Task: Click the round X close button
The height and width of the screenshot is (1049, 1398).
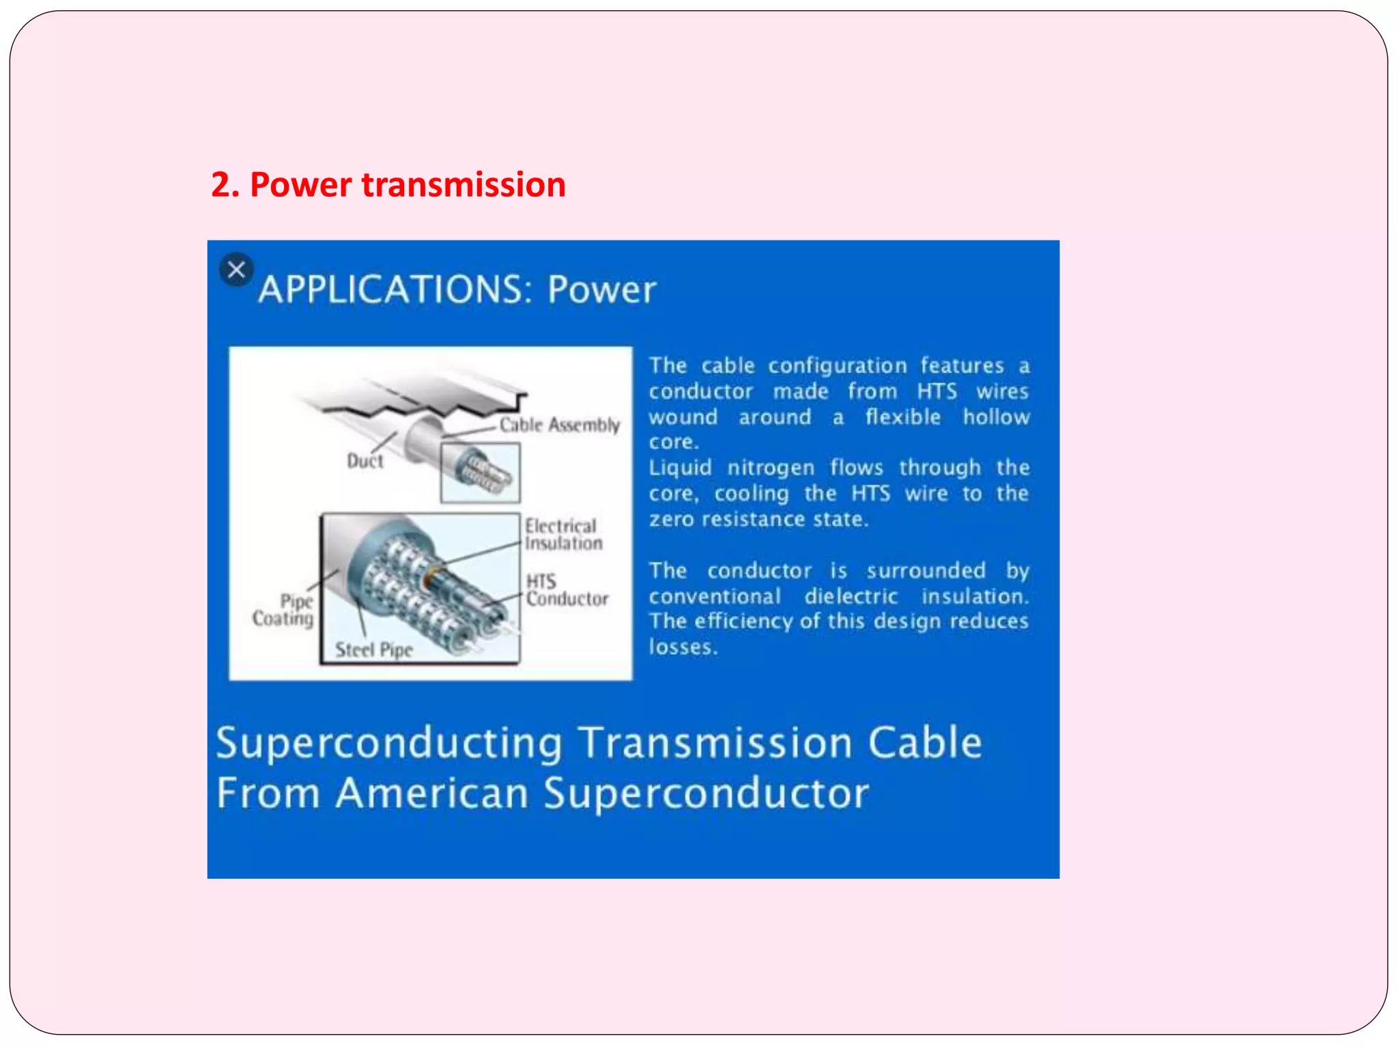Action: click(236, 270)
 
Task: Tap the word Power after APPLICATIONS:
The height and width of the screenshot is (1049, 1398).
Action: click(601, 290)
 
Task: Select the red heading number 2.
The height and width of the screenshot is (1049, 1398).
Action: click(224, 185)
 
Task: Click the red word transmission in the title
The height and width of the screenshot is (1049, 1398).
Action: click(463, 185)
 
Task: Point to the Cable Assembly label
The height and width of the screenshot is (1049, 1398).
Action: click(559, 425)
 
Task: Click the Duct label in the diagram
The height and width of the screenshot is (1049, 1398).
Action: click(365, 461)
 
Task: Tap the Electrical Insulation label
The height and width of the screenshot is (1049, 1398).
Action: click(562, 535)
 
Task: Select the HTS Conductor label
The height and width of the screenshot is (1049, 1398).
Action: click(566, 590)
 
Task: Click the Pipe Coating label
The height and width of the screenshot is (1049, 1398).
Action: click(284, 610)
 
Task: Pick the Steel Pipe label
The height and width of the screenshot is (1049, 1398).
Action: click(373, 649)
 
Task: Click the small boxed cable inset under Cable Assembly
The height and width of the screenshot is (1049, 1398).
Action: click(481, 473)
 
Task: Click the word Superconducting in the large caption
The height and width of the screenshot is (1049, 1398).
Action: click(390, 743)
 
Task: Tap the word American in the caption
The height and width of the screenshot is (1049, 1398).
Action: click(432, 794)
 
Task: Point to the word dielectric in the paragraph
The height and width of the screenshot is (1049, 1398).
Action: click(851, 596)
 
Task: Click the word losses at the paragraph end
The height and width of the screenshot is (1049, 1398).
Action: click(682, 647)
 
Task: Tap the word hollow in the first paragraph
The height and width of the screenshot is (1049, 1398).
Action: click(996, 417)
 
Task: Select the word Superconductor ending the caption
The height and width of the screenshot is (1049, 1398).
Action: click(706, 794)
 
